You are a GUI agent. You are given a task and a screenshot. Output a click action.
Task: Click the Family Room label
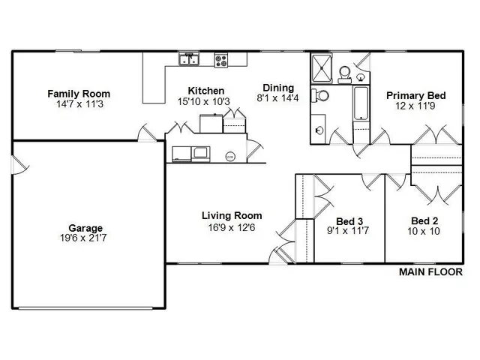[79, 94]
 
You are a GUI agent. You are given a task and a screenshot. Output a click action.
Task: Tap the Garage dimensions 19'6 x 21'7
[85, 239]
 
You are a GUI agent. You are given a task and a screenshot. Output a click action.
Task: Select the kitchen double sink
[187, 58]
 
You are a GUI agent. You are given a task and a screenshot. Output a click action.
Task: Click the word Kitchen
[196, 91]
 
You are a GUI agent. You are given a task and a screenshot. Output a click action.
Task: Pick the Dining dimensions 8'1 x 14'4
[278, 97]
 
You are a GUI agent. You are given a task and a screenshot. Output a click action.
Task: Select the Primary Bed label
[416, 95]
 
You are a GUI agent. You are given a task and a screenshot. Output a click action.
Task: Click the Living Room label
[232, 216]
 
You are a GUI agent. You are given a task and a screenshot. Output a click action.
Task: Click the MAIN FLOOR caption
[430, 272]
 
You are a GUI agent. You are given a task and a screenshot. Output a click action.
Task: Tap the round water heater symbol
[230, 156]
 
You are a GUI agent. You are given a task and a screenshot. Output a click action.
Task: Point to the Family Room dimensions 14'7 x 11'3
[79, 105]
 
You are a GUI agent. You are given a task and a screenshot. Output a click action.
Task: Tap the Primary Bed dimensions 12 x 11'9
[416, 106]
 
